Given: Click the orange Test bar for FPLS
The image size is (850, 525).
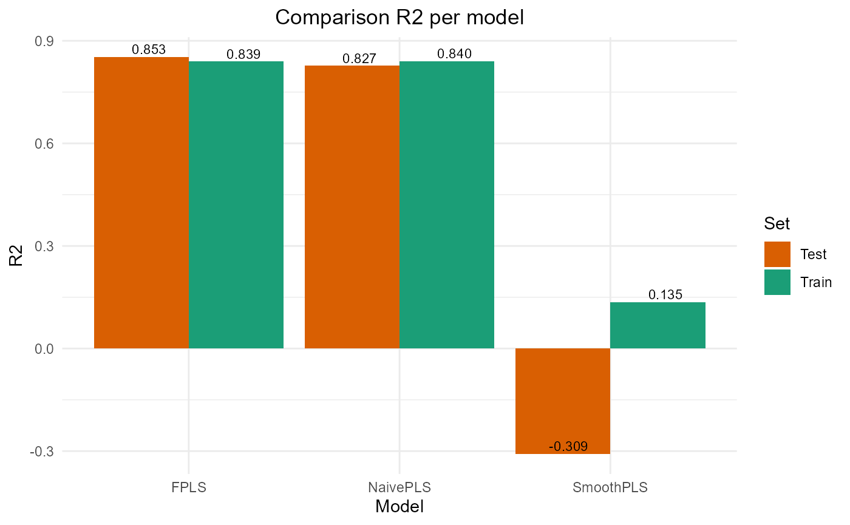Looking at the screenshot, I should (x=141, y=203).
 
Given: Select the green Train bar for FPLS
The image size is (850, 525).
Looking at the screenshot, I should (x=236, y=205).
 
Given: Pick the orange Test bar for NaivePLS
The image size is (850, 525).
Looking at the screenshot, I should (x=352, y=207).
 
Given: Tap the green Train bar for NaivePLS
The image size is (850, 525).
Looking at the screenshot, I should (x=446, y=205).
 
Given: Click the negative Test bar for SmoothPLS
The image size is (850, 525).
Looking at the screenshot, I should (x=562, y=401).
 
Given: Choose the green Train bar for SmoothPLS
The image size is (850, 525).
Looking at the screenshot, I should (x=658, y=325).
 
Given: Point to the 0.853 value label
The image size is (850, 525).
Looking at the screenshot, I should (x=149, y=50).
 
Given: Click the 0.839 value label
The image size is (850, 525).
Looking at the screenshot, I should (x=243, y=54).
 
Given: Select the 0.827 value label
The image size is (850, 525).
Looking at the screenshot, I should (x=359, y=58).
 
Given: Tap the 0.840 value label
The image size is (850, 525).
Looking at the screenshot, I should (x=454, y=54).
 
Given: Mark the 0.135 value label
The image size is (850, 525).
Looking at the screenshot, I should (x=665, y=295).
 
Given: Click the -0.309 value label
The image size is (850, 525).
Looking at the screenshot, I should (x=568, y=447).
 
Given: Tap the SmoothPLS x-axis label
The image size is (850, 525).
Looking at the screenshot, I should (x=610, y=487).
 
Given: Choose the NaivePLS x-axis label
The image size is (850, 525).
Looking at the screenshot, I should (x=399, y=487).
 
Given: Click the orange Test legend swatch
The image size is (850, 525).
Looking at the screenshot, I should (x=777, y=254).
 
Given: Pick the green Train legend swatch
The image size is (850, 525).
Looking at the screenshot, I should (x=777, y=282).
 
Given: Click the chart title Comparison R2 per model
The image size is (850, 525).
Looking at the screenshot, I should (x=399, y=18).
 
